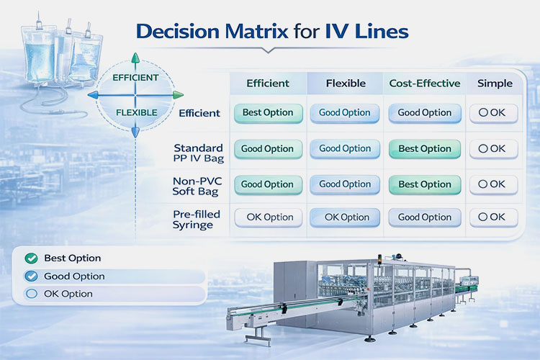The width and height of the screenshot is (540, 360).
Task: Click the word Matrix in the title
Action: click(252, 32)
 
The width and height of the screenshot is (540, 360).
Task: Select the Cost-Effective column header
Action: click(424, 84)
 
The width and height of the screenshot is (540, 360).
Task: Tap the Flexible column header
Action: click(345, 84)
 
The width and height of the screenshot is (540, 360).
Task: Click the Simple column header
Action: click(495, 84)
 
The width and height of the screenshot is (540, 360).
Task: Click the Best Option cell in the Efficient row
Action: click(267, 113)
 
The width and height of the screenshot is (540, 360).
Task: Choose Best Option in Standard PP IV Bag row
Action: click(424, 149)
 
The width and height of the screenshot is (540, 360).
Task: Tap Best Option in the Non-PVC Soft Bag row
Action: click(424, 184)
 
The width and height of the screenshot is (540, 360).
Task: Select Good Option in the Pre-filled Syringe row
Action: click(424, 217)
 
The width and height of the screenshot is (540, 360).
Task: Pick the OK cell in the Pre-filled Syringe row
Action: click(493, 217)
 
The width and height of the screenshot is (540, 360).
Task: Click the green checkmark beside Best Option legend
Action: click(30, 258)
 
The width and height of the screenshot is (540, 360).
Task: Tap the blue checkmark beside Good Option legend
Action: click(30, 276)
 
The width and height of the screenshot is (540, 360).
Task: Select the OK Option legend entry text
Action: click(68, 294)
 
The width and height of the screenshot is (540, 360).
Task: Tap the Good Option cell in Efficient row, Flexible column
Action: click(345, 113)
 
